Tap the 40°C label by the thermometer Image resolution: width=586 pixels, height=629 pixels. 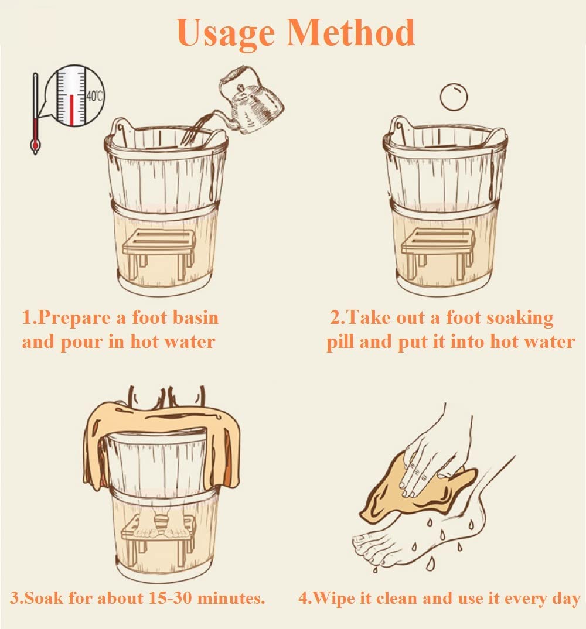94,96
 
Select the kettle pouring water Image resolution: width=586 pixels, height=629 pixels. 256,103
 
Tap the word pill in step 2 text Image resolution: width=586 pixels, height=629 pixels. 340,342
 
